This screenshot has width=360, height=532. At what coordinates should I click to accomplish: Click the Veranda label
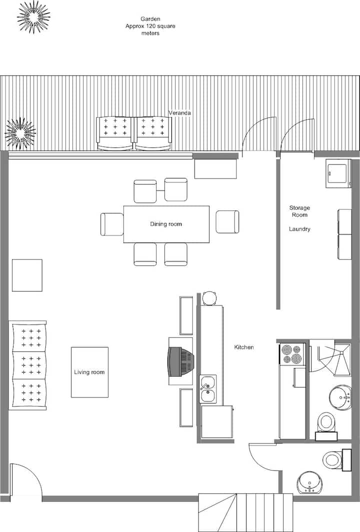[x=179, y=112]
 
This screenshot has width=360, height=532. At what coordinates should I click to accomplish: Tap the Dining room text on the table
[x=166, y=224]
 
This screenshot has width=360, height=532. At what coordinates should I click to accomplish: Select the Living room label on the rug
[x=89, y=372]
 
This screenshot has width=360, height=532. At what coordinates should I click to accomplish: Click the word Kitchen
[x=244, y=347]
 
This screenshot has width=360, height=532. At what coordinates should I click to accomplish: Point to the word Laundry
[x=299, y=229]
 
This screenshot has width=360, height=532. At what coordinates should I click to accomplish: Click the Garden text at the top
[x=150, y=19]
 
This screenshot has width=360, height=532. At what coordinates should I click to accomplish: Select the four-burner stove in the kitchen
[x=292, y=354]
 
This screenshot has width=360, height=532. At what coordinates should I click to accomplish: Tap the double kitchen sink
[x=208, y=389]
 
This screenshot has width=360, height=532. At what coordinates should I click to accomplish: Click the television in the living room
[x=181, y=361]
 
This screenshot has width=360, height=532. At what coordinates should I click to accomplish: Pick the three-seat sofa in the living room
[x=28, y=365]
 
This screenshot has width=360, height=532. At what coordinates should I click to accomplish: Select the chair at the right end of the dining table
[x=227, y=222]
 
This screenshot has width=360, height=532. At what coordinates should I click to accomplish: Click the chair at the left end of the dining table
[x=112, y=224]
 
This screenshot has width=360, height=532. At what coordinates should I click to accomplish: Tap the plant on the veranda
[x=20, y=132]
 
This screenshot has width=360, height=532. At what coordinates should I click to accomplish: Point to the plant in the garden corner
[x=33, y=17]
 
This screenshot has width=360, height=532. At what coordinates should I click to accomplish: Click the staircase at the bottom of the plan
[x=245, y=512]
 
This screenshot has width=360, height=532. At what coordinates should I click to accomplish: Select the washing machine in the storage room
[x=338, y=173]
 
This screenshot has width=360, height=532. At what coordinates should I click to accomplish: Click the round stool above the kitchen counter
[x=209, y=298]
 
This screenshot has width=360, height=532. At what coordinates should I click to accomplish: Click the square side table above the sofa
[x=27, y=275]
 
